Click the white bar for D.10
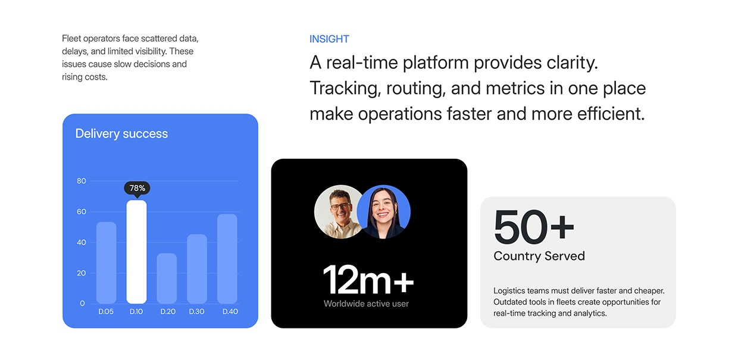click(136, 252)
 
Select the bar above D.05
click(106, 262)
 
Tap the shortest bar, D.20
click(167, 278)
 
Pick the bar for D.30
click(197, 269)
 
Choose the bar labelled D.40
click(227, 259)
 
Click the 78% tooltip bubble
click(137, 188)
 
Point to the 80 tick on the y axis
click(82, 181)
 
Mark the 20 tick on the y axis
click(82, 273)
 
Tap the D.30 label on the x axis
click(196, 312)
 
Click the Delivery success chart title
click(121, 134)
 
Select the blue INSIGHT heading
click(329, 39)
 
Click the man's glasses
click(340, 206)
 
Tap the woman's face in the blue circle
click(382, 208)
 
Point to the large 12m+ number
click(368, 279)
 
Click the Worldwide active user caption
click(366, 303)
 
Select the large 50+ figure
click(534, 227)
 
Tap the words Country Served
click(539, 256)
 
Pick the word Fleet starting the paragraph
click(71, 39)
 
